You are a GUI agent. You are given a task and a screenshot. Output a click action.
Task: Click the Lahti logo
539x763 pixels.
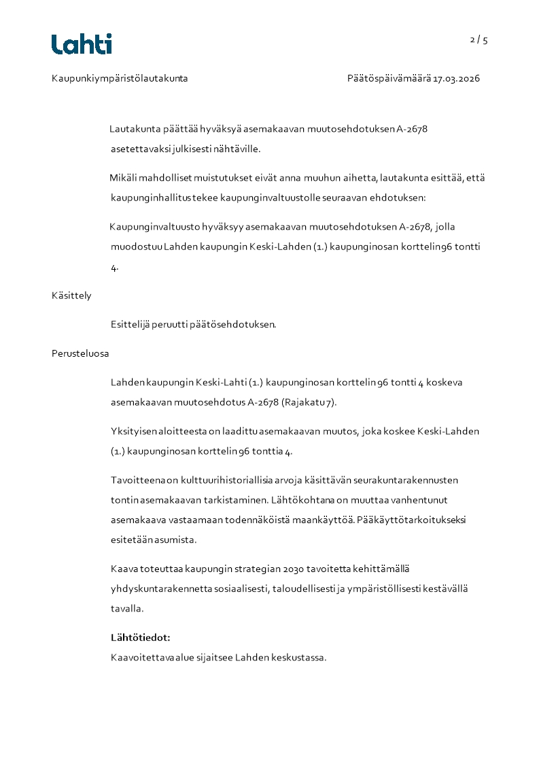click(82, 44)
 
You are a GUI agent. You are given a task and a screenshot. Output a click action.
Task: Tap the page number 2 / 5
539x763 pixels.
click(479, 39)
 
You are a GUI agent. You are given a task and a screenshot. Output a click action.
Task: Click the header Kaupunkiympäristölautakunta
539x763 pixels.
click(120, 78)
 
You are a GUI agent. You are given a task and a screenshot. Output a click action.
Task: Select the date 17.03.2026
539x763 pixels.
click(457, 78)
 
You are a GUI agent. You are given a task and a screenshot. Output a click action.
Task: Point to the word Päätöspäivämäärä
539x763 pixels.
click(389, 78)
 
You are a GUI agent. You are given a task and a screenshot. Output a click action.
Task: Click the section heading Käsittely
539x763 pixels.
click(71, 296)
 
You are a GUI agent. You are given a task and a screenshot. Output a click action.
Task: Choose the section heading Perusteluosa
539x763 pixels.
click(80, 353)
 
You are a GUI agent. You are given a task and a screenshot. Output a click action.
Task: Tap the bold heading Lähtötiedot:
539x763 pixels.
click(140, 637)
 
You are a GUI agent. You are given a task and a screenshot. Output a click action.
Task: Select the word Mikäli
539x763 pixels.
click(122, 178)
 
